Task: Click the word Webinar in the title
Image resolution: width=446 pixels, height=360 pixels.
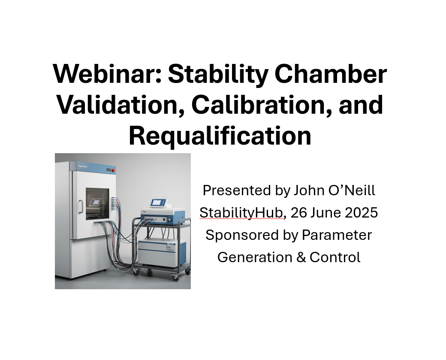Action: (107, 74)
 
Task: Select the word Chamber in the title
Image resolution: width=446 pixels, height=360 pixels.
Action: (331, 74)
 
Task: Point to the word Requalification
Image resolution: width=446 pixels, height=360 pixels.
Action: (220, 136)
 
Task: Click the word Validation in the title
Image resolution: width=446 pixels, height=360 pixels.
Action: (121, 105)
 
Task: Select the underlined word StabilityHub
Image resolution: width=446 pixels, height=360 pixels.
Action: (241, 213)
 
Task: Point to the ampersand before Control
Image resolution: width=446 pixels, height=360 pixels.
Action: (301, 257)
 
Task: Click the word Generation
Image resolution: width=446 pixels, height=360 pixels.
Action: (255, 257)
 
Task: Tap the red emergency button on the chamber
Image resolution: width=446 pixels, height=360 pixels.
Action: (113, 170)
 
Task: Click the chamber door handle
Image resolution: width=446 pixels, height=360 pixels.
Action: (81, 207)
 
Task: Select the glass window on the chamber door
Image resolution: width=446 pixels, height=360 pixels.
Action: (97, 204)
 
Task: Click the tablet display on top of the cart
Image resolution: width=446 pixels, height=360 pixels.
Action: (158, 203)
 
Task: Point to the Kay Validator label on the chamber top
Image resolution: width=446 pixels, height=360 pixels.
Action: (83, 166)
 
